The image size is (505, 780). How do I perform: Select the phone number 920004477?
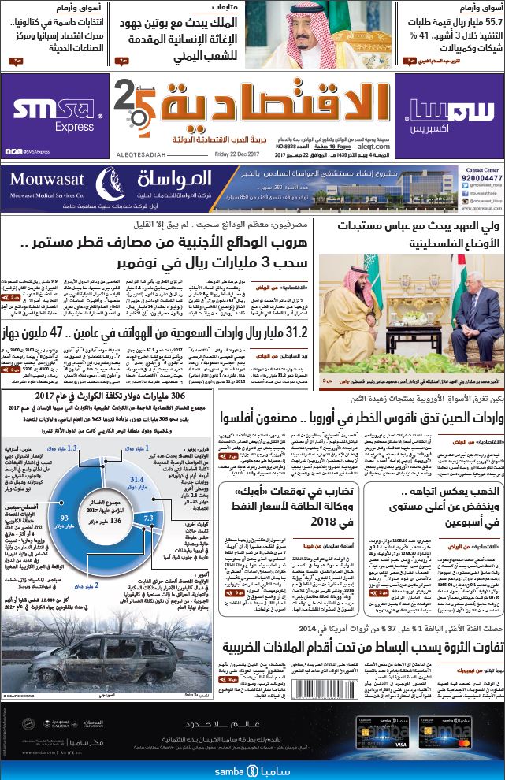tap(482, 179)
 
